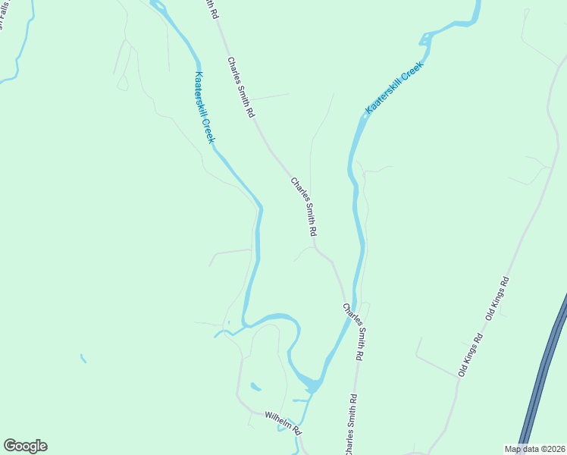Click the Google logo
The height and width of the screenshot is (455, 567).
[x=25, y=446]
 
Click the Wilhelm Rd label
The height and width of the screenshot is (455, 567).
[x=283, y=422]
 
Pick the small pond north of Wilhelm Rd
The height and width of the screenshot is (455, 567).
[x=255, y=388]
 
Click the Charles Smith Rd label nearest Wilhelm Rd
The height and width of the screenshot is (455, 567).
[x=350, y=425]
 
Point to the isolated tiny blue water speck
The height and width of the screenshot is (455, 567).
[x=83, y=358]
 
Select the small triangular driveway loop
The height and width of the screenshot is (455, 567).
[x=122, y=82]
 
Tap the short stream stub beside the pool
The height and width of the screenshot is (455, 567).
[x=299, y=400]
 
